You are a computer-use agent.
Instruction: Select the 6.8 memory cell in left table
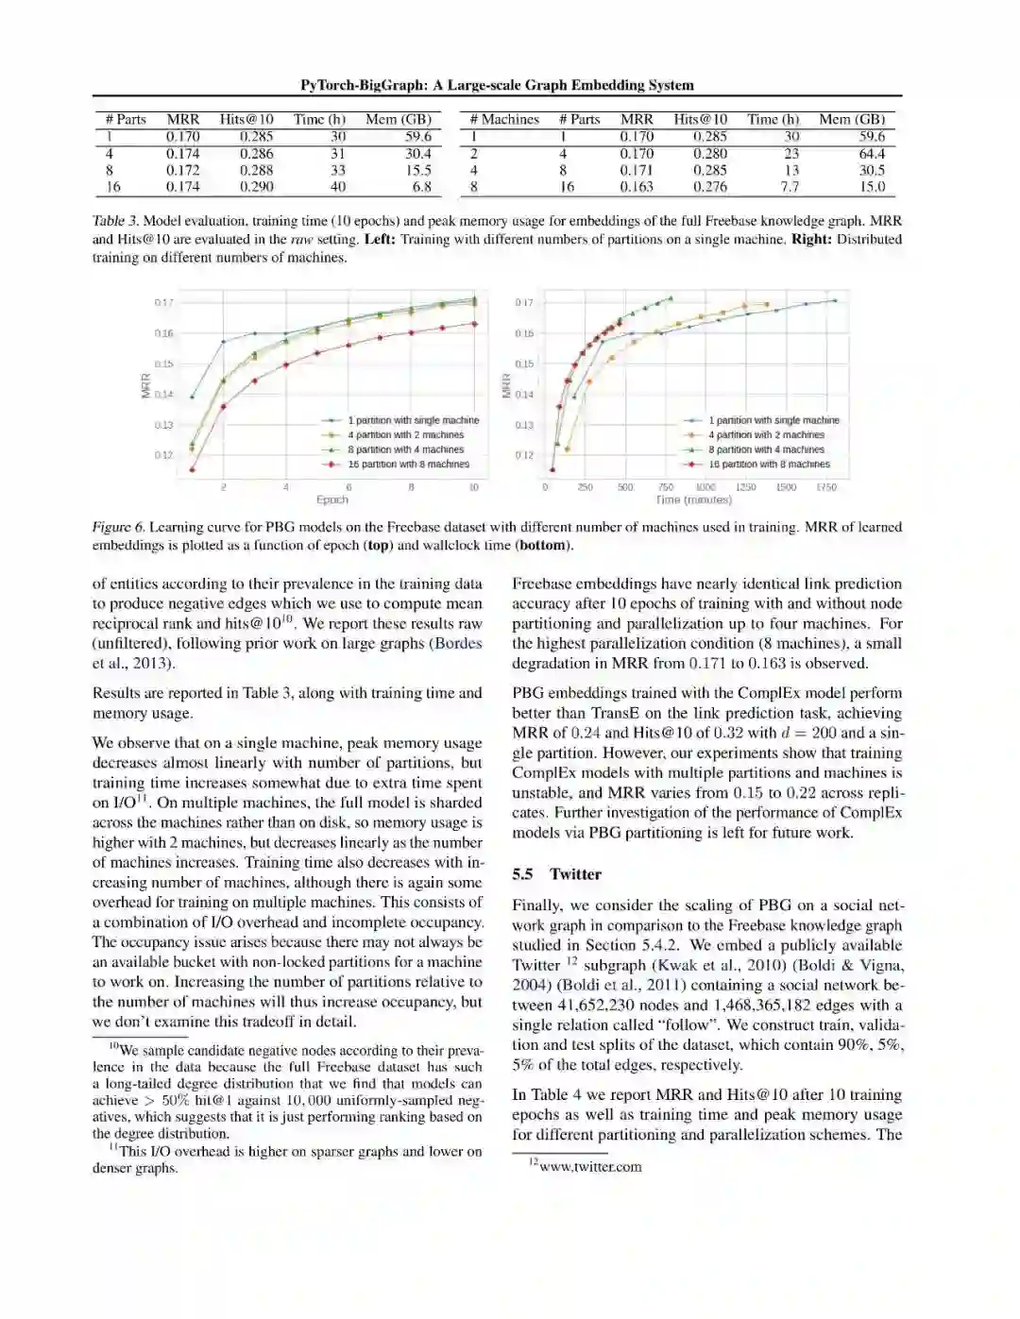(x=421, y=187)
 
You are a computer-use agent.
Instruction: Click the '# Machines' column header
(x=504, y=120)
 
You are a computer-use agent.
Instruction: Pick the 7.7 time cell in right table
(x=790, y=187)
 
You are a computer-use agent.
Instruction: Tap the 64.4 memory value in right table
(x=872, y=154)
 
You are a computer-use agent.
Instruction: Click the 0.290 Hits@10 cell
(x=256, y=187)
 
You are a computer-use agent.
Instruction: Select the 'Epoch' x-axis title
(x=332, y=499)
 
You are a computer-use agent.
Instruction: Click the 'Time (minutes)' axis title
(x=693, y=499)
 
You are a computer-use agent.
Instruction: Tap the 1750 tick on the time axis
(x=825, y=487)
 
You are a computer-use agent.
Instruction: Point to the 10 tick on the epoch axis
(x=473, y=487)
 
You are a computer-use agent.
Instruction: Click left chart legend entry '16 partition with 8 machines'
(x=408, y=465)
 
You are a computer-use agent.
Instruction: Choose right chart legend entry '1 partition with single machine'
(x=773, y=420)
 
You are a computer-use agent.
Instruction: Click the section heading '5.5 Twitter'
(x=556, y=874)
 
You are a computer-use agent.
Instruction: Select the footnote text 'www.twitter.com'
(x=590, y=1167)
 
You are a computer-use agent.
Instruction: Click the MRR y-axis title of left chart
(x=146, y=385)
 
